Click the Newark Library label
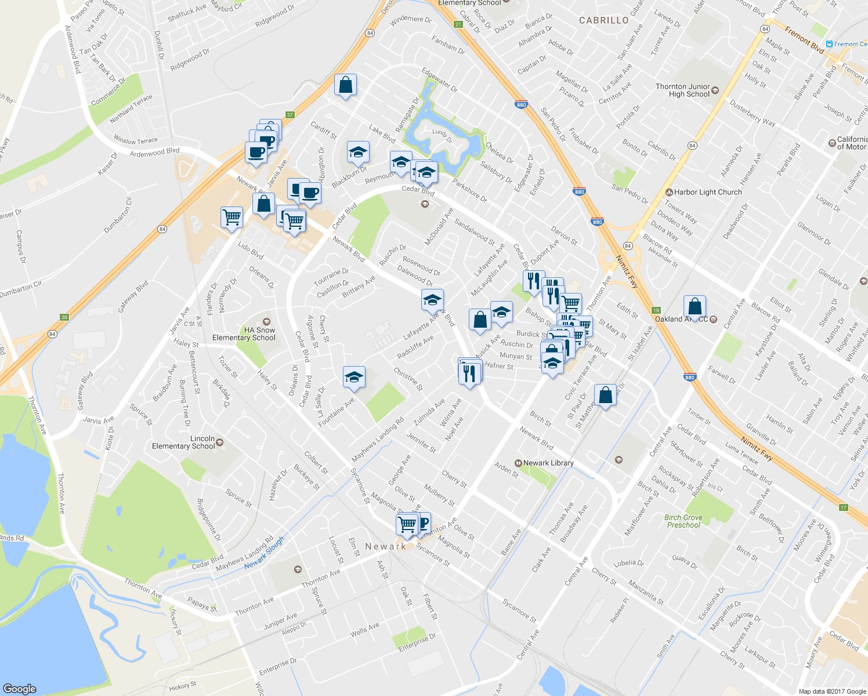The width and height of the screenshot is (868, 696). click(548, 463)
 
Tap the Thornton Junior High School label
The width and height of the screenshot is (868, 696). click(683, 90)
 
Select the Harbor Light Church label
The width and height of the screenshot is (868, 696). click(707, 192)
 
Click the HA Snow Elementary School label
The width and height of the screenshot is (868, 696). click(244, 334)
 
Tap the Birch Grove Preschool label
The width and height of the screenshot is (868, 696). click(683, 521)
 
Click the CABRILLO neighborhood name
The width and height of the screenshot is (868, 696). click(604, 20)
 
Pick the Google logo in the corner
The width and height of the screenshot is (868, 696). click(19, 688)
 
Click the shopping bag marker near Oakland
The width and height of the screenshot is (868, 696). click(695, 307)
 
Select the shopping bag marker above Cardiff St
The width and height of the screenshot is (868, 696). click(345, 85)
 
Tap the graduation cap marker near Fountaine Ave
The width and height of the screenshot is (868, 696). click(354, 378)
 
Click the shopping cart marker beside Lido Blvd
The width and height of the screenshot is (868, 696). click(232, 217)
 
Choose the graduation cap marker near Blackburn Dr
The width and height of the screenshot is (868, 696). click(358, 153)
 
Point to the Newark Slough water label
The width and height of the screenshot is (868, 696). click(265, 553)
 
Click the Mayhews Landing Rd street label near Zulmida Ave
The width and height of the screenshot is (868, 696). click(378, 440)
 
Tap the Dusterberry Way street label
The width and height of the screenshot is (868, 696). click(753, 112)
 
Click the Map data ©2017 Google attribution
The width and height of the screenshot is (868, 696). click(832, 691)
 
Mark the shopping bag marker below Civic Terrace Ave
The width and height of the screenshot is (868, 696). click(605, 396)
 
